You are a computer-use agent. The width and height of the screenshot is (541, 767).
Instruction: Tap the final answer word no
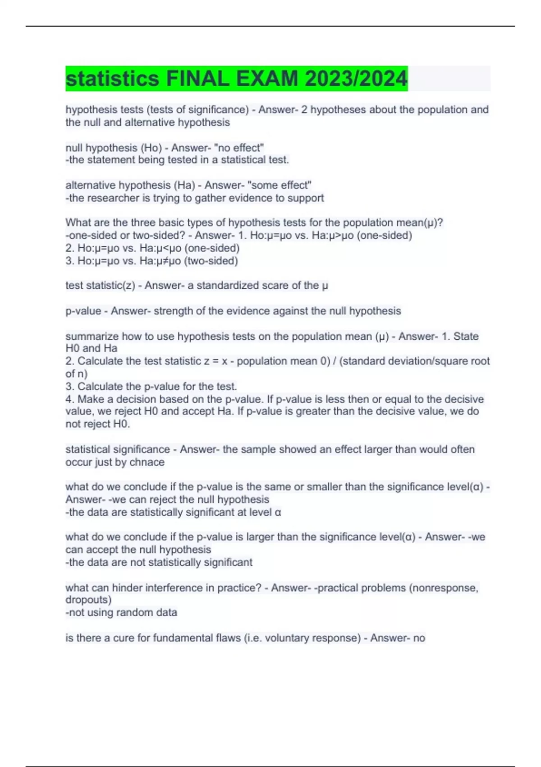(x=419, y=638)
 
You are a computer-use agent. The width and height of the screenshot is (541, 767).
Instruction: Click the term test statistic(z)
(x=100, y=286)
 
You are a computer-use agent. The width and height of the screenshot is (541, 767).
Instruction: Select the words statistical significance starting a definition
(x=118, y=449)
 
